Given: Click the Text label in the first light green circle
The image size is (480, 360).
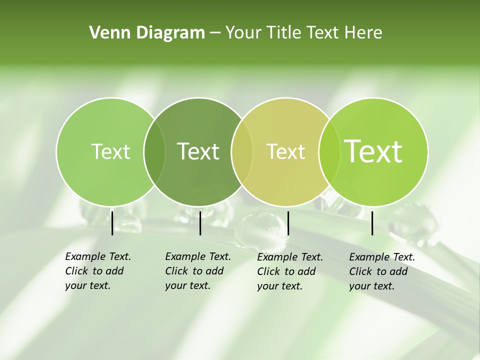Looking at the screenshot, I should (x=110, y=151).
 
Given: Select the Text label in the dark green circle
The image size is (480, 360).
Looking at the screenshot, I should (x=198, y=151).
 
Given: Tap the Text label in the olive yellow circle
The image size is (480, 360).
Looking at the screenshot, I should (x=285, y=151).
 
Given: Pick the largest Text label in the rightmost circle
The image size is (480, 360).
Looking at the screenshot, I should (x=373, y=151).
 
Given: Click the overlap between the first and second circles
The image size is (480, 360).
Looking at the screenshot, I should (x=154, y=152).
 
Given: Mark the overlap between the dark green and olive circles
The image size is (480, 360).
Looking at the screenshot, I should (x=242, y=152).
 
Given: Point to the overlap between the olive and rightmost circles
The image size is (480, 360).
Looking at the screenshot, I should (x=327, y=152).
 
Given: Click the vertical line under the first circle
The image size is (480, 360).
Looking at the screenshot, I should (x=112, y=223).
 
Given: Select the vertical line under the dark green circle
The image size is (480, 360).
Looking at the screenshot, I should (x=200, y=223).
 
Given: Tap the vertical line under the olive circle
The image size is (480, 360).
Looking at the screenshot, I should (x=288, y=223).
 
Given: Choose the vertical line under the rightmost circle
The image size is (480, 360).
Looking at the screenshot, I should (x=372, y=223).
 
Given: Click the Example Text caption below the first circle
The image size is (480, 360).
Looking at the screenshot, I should (x=98, y=271).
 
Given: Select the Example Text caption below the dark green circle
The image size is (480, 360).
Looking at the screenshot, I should (x=198, y=271).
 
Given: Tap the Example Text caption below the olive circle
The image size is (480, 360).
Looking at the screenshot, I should (x=290, y=271).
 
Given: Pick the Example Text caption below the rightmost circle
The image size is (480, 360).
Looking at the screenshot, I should (x=382, y=271).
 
